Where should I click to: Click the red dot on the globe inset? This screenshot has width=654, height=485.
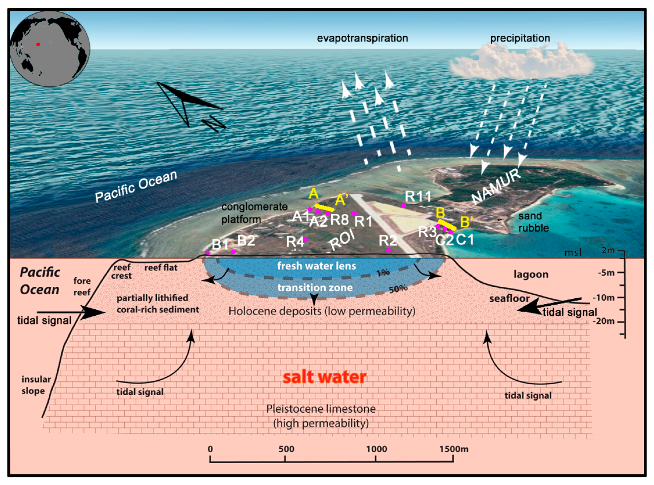pyautogui.click(x=38, y=44)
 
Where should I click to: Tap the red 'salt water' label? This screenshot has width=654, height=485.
pyautogui.click(x=324, y=377)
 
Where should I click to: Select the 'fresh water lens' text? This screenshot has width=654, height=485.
pyautogui.click(x=316, y=266)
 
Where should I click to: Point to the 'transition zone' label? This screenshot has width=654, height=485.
pyautogui.click(x=315, y=287)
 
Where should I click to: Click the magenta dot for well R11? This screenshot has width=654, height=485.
pyautogui.click(x=404, y=205)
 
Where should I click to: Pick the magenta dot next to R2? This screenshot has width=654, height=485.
pyautogui.click(x=388, y=250)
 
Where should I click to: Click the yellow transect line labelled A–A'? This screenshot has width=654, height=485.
pyautogui.click(x=324, y=208)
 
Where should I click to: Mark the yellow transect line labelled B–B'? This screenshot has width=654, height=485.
pyautogui.click(x=447, y=225)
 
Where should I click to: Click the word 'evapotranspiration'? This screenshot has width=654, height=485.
pyautogui.click(x=362, y=38)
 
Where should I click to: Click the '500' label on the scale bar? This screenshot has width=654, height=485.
pyautogui.click(x=286, y=449)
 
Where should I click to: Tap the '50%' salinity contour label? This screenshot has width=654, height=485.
pyautogui.click(x=398, y=289)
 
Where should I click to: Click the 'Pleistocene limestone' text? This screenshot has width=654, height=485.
pyautogui.click(x=321, y=409)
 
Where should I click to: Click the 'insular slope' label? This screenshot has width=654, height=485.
pyautogui.click(x=36, y=385)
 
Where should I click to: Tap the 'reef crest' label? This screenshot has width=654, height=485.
pyautogui.click(x=122, y=272)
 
